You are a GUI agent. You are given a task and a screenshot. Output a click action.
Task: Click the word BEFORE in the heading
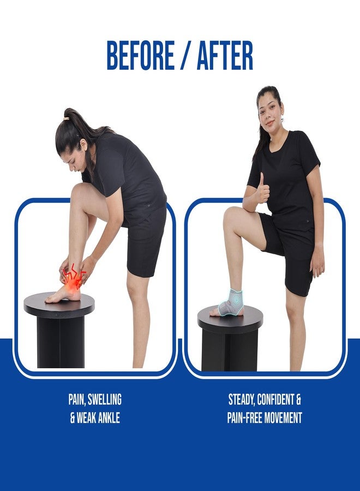pos(141,56)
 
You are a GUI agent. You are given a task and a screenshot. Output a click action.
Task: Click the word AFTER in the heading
pos(220,56)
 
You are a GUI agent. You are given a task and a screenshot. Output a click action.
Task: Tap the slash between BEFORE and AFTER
pos(182,56)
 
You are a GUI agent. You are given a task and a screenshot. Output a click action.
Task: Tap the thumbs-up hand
pos(262,189)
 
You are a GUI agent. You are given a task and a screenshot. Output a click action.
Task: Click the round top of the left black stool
pos(59,304)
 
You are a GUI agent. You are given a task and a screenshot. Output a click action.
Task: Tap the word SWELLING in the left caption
pos(105,399)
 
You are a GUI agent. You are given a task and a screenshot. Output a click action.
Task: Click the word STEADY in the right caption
pos(241,400)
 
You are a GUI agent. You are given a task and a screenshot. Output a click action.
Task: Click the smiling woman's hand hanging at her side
pos(317,266)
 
